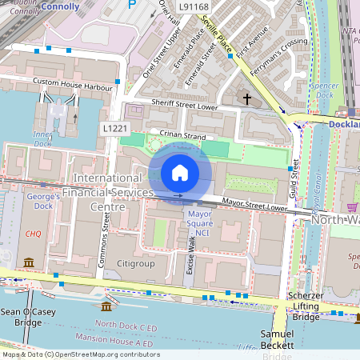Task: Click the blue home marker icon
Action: (180, 172)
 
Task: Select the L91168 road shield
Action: (194, 6)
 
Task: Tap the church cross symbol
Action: (247, 99)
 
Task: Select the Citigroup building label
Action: (134, 263)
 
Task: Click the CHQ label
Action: (33, 234)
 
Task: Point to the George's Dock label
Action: (43, 201)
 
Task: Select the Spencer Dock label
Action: (324, 90)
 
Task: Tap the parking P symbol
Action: (133, 5)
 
